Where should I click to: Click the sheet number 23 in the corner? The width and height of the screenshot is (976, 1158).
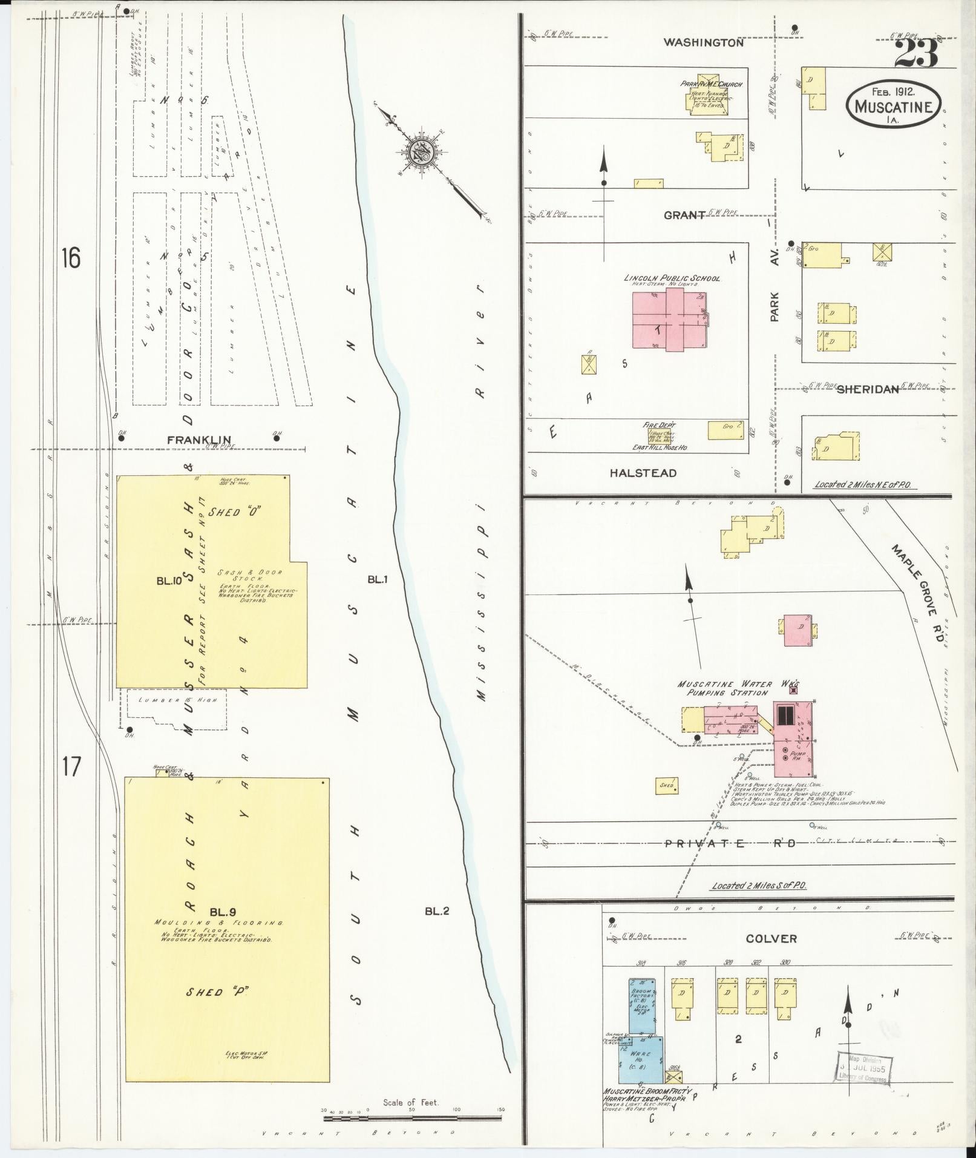click(915, 54)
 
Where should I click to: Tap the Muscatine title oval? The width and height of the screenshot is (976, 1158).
click(894, 104)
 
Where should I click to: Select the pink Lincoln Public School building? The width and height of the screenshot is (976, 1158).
click(670, 320)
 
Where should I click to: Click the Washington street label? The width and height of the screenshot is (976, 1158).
click(703, 43)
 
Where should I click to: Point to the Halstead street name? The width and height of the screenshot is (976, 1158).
click(643, 473)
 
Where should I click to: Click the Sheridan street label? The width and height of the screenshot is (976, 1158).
click(867, 390)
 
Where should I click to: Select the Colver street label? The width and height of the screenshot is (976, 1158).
click(771, 939)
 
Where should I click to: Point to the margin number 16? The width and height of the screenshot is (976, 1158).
click(70, 258)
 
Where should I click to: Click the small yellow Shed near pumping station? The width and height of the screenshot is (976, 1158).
click(666, 786)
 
